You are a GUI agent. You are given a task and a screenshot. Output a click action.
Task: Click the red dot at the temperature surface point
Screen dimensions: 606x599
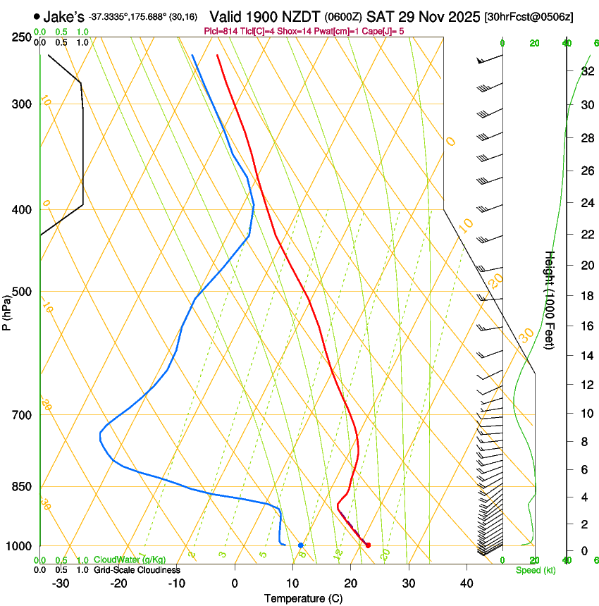point(368,545)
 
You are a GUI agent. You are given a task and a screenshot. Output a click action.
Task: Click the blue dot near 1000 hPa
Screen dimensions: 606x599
point(301,545)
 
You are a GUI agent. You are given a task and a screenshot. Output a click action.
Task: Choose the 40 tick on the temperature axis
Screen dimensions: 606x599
point(467,583)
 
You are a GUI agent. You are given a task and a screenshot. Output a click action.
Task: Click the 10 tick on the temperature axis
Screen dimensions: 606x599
point(292,583)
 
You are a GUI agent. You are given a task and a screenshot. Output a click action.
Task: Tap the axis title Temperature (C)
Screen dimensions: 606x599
point(303,598)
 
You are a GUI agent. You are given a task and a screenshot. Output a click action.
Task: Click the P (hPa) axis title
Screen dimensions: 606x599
point(6,309)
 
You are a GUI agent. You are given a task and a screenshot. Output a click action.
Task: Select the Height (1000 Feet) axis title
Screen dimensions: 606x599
point(550,299)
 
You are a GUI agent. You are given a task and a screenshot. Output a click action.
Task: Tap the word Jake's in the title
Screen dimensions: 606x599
point(64,16)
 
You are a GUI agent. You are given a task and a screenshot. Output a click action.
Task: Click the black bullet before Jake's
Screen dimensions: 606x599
point(37,16)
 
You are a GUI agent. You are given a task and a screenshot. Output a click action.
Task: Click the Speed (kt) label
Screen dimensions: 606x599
point(535,570)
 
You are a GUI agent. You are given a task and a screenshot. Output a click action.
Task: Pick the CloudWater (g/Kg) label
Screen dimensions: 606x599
point(130,560)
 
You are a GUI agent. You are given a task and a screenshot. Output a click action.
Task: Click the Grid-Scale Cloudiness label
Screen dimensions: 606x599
point(137,570)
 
